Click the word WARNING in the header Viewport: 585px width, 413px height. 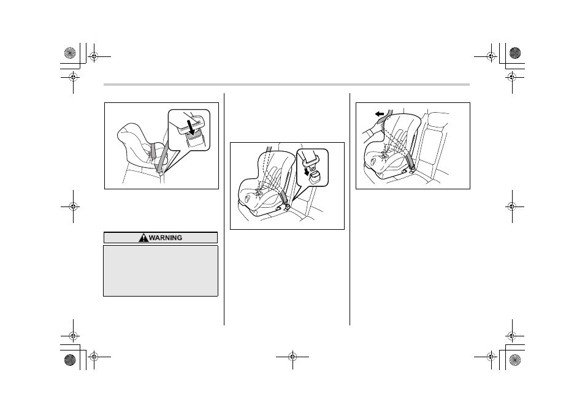pyautogui.click(x=166, y=238)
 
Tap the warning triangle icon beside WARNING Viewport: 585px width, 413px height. pyautogui.click(x=143, y=237)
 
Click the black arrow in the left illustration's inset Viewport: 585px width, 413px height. pyautogui.click(x=191, y=127)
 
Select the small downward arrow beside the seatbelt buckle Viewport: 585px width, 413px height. pyautogui.click(x=307, y=172)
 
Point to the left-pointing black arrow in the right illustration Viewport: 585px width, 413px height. pyautogui.click(x=380, y=114)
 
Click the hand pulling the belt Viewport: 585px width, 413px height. pyautogui.click(x=373, y=131)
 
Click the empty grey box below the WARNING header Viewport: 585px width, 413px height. pyautogui.click(x=161, y=271)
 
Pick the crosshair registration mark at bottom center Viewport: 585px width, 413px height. pyautogui.click(x=292, y=357)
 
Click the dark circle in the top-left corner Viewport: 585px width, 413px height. pyautogui.click(x=70, y=53)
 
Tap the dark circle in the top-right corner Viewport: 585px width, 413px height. pyautogui.click(x=515, y=53)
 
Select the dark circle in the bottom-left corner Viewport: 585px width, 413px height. pyautogui.click(x=70, y=360)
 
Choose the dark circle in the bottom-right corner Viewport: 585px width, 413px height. pyautogui.click(x=515, y=360)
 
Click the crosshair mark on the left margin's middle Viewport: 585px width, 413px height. pyautogui.click(x=73, y=206)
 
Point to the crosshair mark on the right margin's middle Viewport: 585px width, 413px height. pyautogui.click(x=512, y=206)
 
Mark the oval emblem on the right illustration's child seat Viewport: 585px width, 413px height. pyautogui.click(x=373, y=161)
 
